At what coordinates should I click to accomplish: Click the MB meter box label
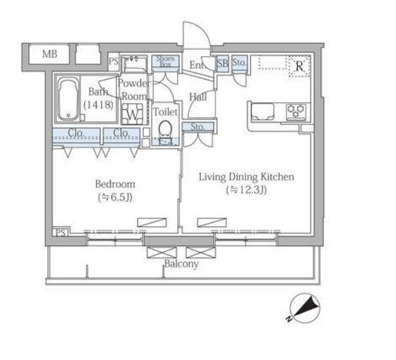pyautogui.click(x=50, y=54)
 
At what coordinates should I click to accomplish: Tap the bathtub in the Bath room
pyautogui.click(x=68, y=100)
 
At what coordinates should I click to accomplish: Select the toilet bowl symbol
pyautogui.click(x=165, y=128)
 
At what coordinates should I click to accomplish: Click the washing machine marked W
pyautogui.click(x=132, y=114)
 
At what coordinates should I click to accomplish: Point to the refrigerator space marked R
pyautogui.click(x=299, y=66)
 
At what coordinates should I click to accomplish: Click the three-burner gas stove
pyautogui.click(x=296, y=111)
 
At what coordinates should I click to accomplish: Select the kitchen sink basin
pyautogui.click(x=262, y=111)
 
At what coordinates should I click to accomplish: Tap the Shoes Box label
pyautogui.click(x=165, y=62)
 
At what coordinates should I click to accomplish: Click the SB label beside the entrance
pyautogui.click(x=222, y=63)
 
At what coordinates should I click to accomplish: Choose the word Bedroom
pyautogui.click(x=115, y=184)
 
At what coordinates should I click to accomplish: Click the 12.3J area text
pyautogui.click(x=246, y=190)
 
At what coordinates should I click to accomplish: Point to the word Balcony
pyautogui.click(x=181, y=264)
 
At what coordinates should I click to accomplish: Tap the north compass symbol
pyautogui.click(x=304, y=308)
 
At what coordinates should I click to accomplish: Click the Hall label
pyautogui.click(x=198, y=97)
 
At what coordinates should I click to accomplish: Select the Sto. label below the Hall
pyautogui.click(x=198, y=126)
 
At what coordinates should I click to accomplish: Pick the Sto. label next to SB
pyautogui.click(x=239, y=62)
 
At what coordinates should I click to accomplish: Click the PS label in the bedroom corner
pyautogui.click(x=60, y=233)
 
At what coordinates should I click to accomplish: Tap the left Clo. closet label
pyautogui.click(x=76, y=132)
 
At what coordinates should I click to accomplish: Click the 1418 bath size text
pyautogui.click(x=98, y=104)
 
